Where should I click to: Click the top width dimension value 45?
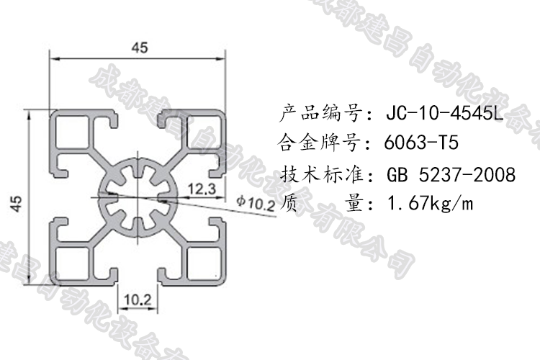coord(139,48)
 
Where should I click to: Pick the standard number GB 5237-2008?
coord(451,174)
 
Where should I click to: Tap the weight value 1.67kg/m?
coord(430,204)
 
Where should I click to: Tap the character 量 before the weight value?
coord(355,204)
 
